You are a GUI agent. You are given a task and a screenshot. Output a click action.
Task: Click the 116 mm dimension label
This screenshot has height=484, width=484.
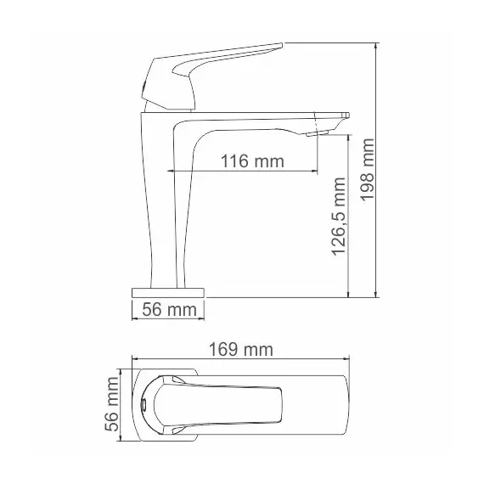pyautogui.click(x=252, y=161)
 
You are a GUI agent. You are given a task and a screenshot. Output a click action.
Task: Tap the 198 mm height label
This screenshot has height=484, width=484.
pyautogui.click(x=368, y=170)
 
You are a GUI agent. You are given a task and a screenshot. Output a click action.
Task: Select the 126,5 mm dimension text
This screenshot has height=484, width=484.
pyautogui.click(x=338, y=217)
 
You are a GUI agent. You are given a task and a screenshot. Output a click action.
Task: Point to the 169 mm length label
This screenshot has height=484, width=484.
pyautogui.click(x=241, y=350)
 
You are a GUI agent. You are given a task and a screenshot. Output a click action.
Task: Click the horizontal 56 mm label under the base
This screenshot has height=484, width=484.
pyautogui.click(x=169, y=310)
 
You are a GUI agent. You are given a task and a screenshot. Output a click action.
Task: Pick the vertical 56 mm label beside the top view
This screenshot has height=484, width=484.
pyautogui.click(x=111, y=404)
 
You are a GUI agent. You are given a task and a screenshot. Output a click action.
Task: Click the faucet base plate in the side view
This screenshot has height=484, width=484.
pyautogui.click(x=168, y=293)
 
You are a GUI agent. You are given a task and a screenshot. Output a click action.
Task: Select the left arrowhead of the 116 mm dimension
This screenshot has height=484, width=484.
pyautogui.click(x=170, y=171)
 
